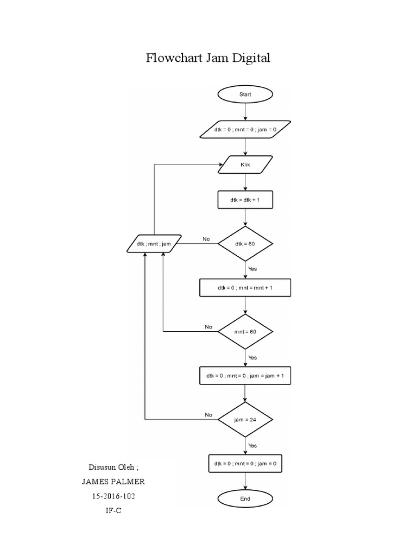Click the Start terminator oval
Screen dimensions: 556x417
coord(245,94)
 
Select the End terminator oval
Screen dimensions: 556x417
coord(245,498)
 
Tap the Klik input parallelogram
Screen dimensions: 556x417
coord(245,165)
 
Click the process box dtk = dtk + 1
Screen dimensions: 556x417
coord(245,200)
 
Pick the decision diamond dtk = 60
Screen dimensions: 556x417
coord(245,244)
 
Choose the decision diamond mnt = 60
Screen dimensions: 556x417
coord(245,331)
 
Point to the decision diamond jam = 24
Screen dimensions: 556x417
coord(245,419)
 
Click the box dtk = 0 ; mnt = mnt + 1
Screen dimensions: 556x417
coord(245,288)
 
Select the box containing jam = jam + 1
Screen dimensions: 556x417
coord(245,375)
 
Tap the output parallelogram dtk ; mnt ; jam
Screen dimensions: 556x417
coord(154,244)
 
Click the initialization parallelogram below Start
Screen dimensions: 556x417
coord(245,130)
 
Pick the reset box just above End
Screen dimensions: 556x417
coord(245,464)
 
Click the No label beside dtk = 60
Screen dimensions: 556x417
coord(206,239)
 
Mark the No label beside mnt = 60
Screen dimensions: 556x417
coord(208,327)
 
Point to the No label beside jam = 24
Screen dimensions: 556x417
coord(208,415)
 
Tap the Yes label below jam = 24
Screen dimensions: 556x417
coord(252,445)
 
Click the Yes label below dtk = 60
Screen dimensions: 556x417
coord(252,269)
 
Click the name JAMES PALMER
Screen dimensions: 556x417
coord(113,482)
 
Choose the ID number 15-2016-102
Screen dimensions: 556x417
coord(113,496)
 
